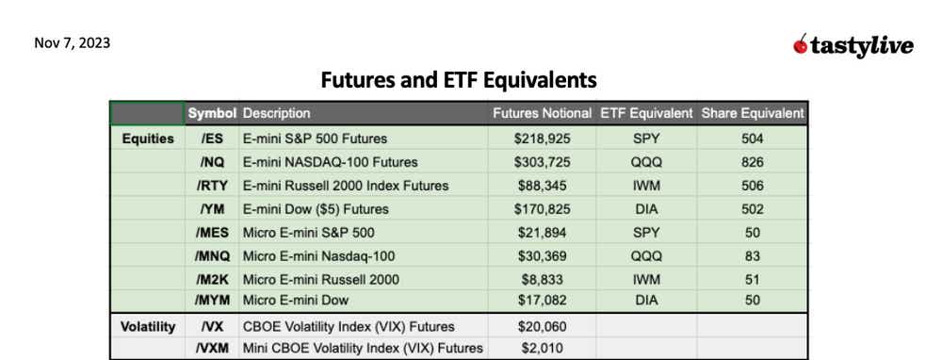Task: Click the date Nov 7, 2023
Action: coord(72,43)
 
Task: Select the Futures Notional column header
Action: coord(542,113)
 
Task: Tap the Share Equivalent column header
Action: coord(752,113)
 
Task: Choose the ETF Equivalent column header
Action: coord(645,113)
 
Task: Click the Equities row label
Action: coord(148,139)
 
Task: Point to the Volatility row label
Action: coord(148,327)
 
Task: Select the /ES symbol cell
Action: coord(212,139)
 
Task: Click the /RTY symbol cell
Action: coord(212,186)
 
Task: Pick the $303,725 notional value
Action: coord(542,162)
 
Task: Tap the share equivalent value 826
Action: coord(752,162)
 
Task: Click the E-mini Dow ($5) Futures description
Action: coord(316,209)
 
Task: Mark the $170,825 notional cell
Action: coord(542,209)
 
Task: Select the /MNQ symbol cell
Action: coord(212,256)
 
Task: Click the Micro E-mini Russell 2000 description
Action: coord(320,280)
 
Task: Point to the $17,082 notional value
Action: coord(542,301)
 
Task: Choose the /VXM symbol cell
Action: coord(212,349)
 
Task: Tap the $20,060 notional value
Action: coord(542,327)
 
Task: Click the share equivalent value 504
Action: coord(752,139)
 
